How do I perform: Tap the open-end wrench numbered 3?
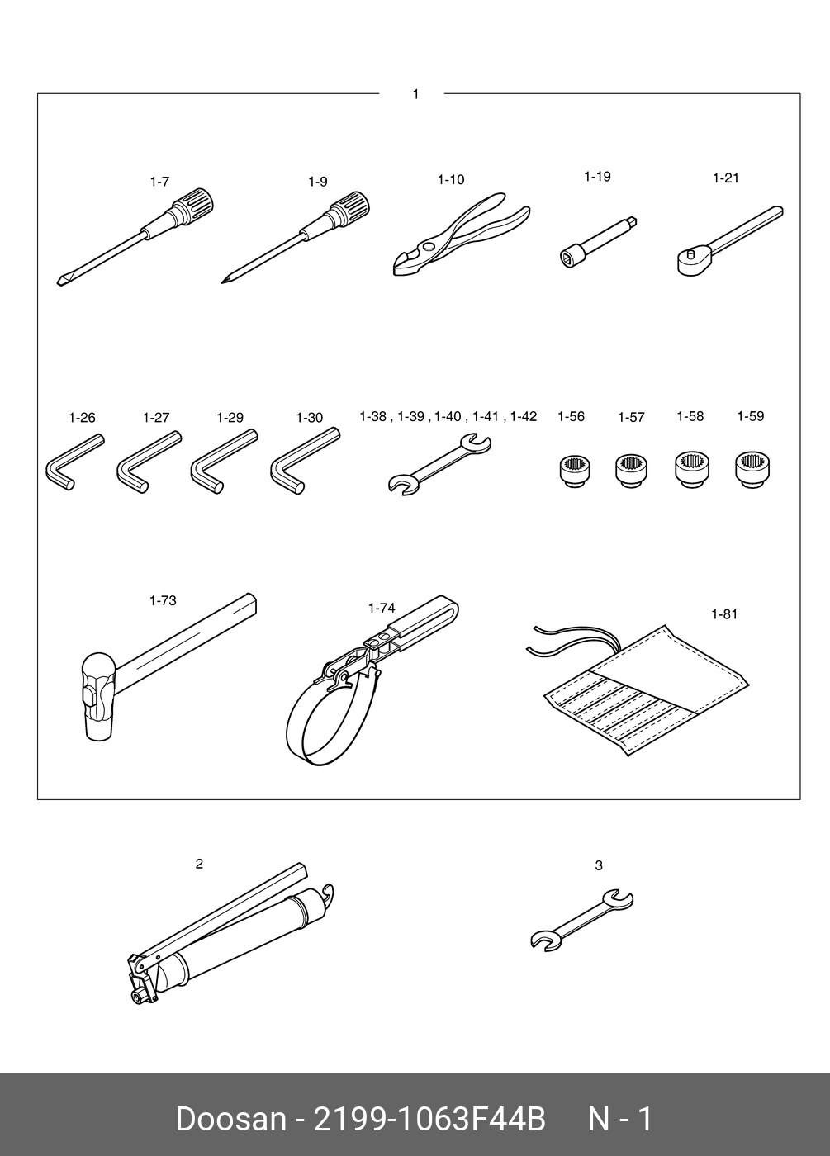pyautogui.click(x=581, y=921)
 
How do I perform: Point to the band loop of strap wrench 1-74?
pyautogui.click(x=330, y=718)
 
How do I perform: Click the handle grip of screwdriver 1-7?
pyautogui.click(x=192, y=203)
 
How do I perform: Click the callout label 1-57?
pyautogui.click(x=631, y=418)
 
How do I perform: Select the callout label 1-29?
pyautogui.click(x=230, y=418)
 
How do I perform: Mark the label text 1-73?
pyautogui.click(x=163, y=601)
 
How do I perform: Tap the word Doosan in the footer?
pyautogui.click(x=230, y=1120)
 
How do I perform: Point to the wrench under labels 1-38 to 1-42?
pyautogui.click(x=439, y=464)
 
